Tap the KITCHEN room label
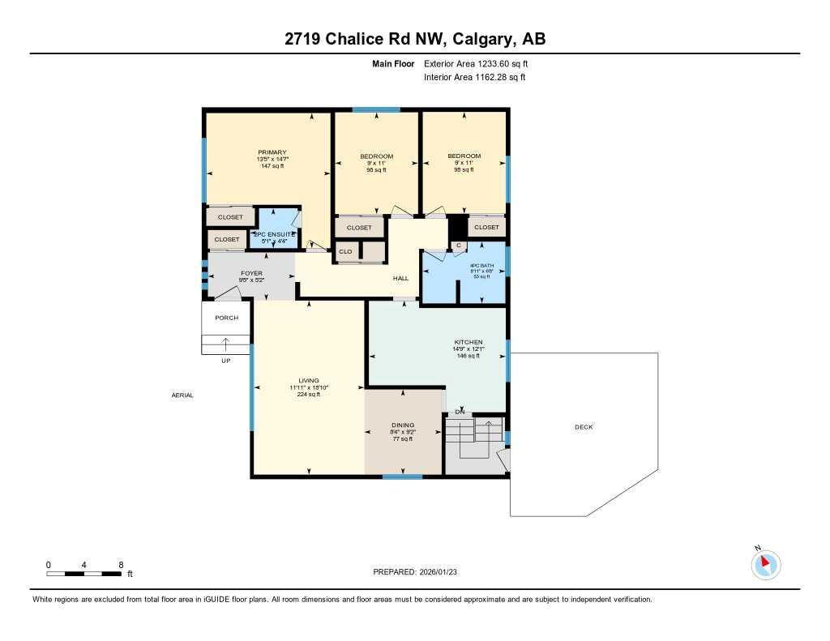pyautogui.click(x=468, y=342)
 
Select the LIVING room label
pyautogui.click(x=309, y=380)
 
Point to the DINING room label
pyautogui.click(x=403, y=425)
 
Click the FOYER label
pyautogui.click(x=229, y=273)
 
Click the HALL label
pyautogui.click(x=400, y=278)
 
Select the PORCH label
pyautogui.click(x=226, y=318)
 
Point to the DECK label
pyautogui.click(x=583, y=427)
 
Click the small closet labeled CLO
pyautogui.click(x=346, y=252)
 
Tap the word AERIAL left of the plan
pyautogui.click(x=182, y=395)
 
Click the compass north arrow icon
pyautogui.click(x=765, y=563)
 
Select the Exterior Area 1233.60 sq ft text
pyautogui.click(x=477, y=63)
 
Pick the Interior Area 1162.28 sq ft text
pyautogui.click(x=475, y=77)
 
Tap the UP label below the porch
pyautogui.click(x=226, y=361)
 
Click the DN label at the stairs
pyautogui.click(x=460, y=412)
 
